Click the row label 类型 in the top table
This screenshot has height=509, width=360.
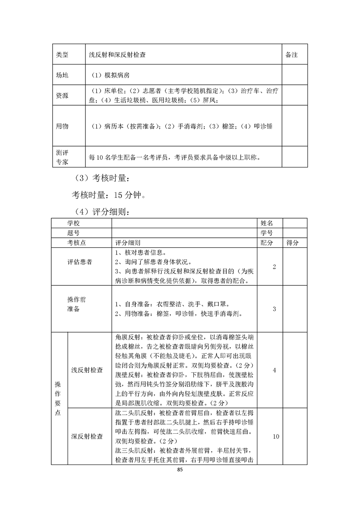click(x=62, y=54)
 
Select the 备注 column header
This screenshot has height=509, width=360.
click(x=291, y=54)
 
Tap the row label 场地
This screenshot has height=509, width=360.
click(x=62, y=75)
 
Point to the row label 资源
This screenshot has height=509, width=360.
click(x=62, y=95)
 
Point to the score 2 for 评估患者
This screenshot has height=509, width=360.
click(x=274, y=267)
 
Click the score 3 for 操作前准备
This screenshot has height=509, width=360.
click(x=274, y=309)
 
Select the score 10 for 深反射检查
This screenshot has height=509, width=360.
click(x=275, y=436)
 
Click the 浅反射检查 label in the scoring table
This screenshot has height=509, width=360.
click(x=87, y=370)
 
